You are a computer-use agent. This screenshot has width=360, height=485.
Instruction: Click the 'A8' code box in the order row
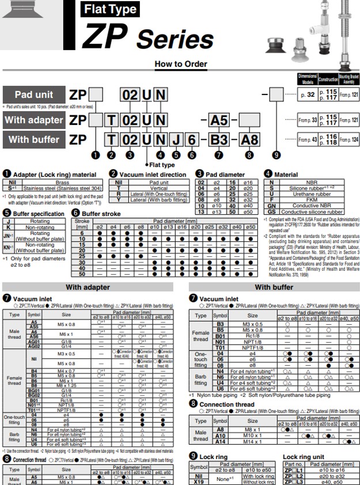[x=249, y=139]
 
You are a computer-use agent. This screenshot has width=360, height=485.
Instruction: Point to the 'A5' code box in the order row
[x=219, y=120]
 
